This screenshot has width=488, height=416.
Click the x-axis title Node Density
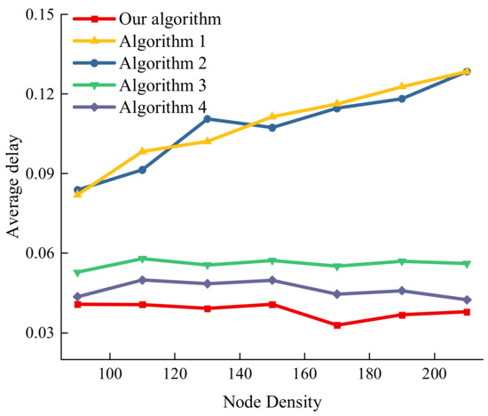[x=272, y=400]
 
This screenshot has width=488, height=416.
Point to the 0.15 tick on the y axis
[x=35, y=15]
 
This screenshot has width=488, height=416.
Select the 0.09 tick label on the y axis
[x=35, y=174]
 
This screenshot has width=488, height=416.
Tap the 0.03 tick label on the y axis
[x=35, y=333]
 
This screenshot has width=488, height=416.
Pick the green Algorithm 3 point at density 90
[x=78, y=273]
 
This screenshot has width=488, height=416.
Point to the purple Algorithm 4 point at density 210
[x=467, y=300]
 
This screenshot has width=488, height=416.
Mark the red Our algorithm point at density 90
[x=78, y=304]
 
